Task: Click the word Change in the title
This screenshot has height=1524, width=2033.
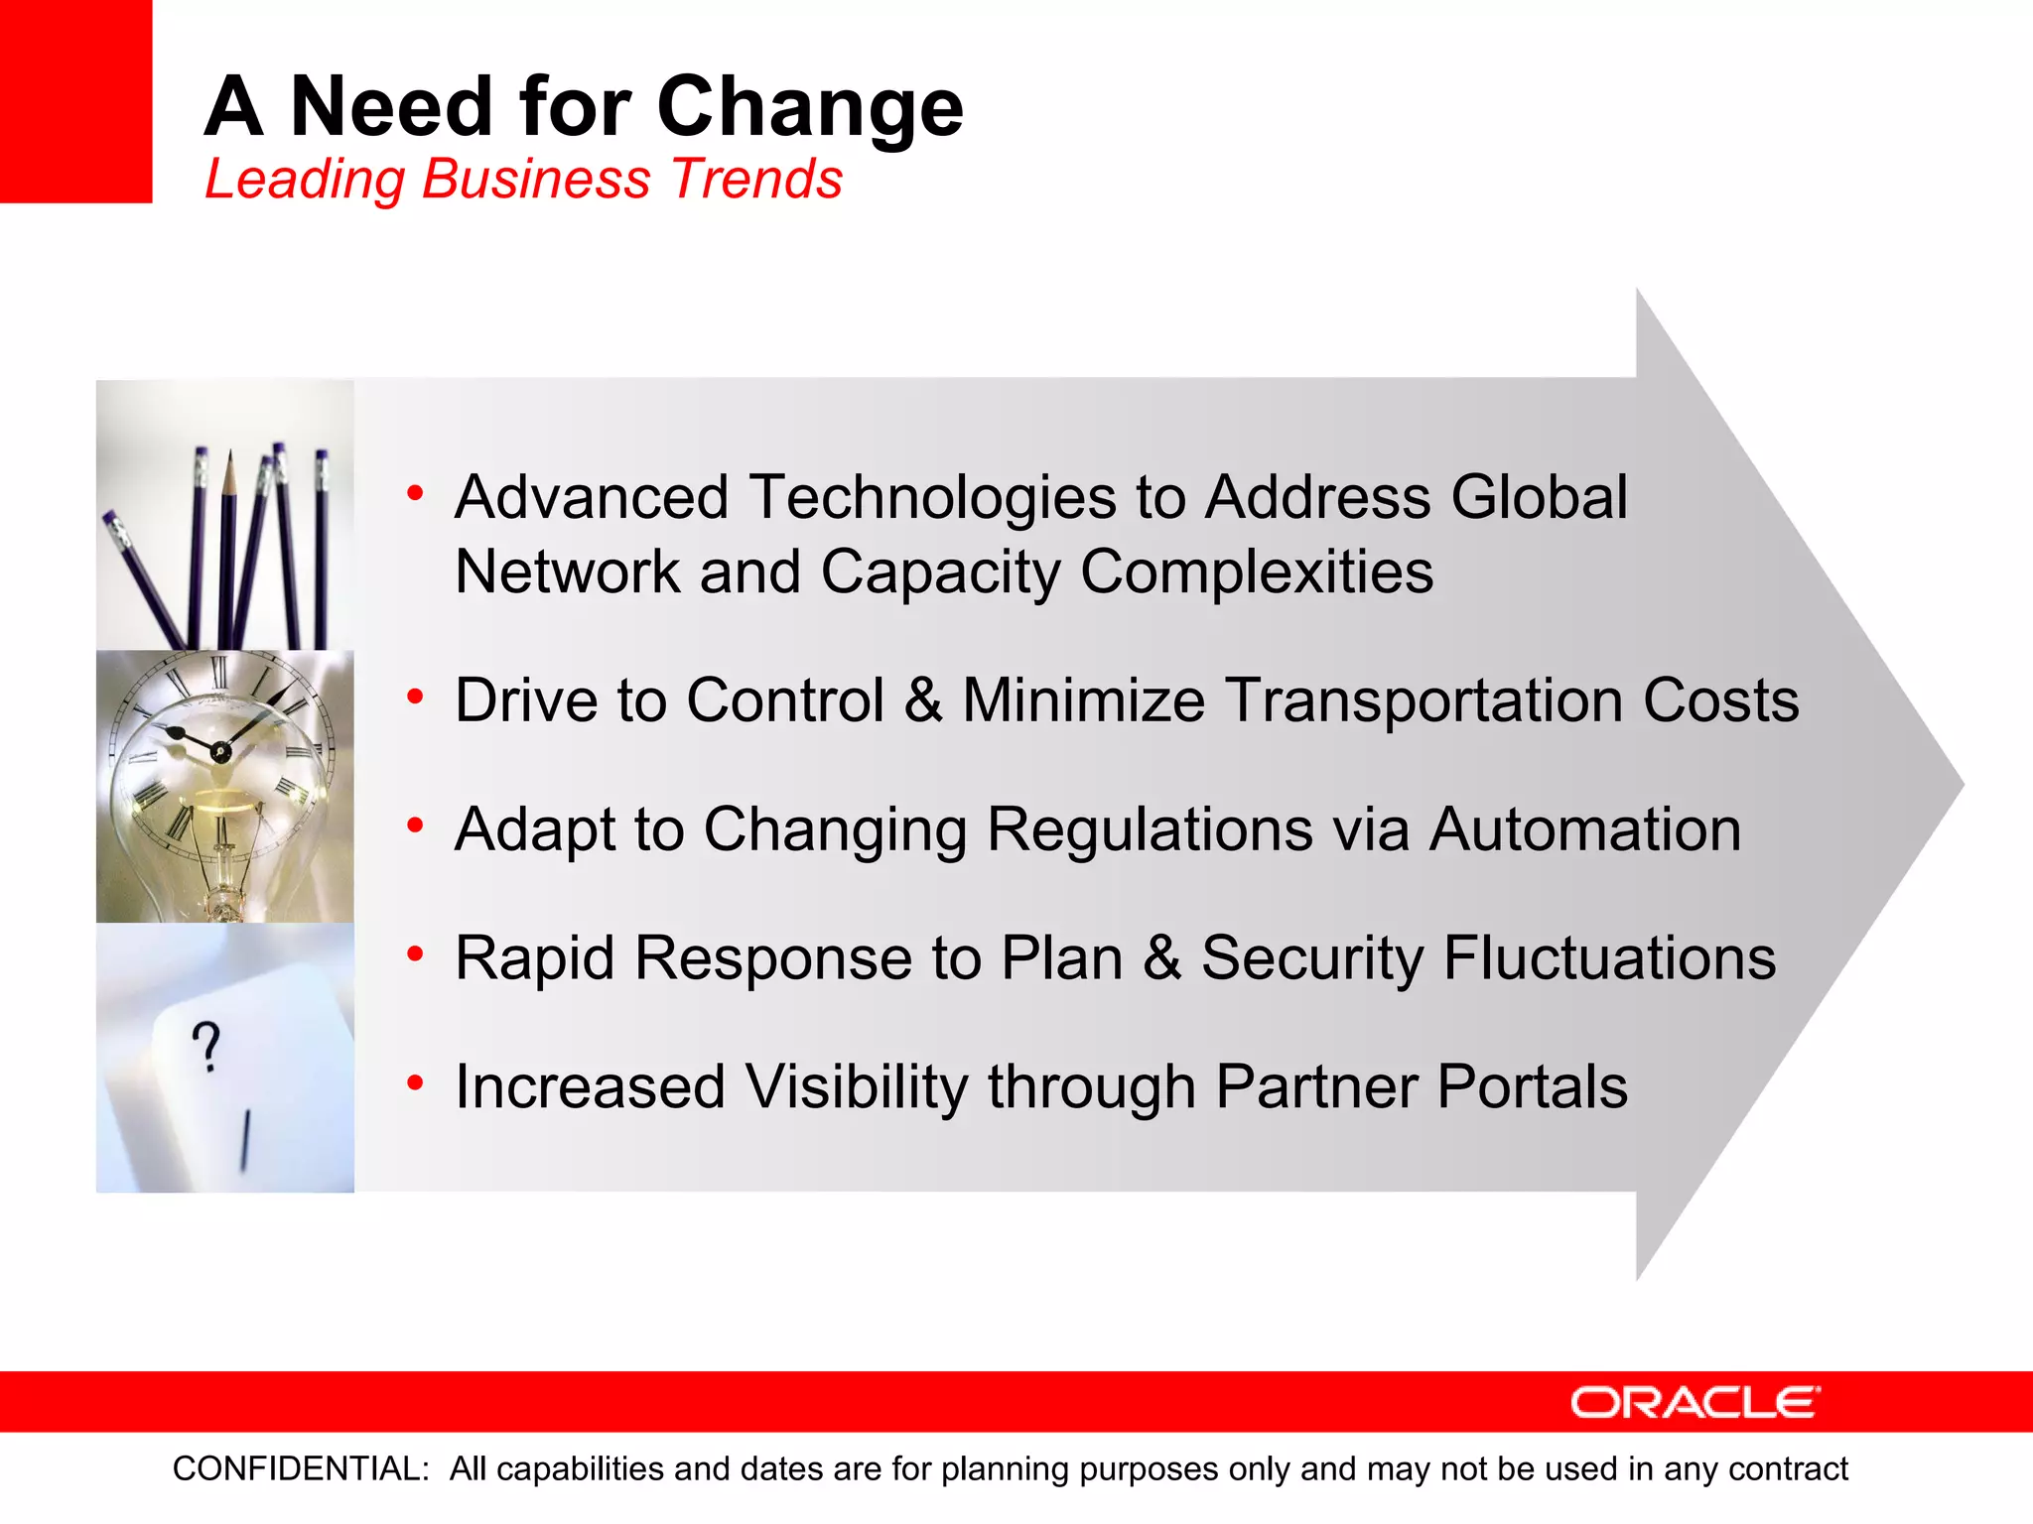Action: click(x=809, y=107)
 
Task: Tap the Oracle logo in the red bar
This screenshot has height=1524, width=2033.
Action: click(x=1694, y=1402)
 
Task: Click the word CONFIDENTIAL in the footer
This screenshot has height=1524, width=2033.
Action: click(x=300, y=1468)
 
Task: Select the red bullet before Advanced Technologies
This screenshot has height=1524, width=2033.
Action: click(x=415, y=493)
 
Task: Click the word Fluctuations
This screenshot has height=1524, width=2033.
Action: click(x=1608, y=958)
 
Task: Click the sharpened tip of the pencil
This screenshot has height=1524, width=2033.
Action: click(x=229, y=457)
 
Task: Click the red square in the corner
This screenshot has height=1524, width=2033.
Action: click(x=75, y=101)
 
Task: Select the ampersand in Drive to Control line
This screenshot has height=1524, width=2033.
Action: click(x=922, y=700)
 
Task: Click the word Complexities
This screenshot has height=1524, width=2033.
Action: click(x=1256, y=572)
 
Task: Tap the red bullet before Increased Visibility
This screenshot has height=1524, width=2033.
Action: click(x=415, y=1083)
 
